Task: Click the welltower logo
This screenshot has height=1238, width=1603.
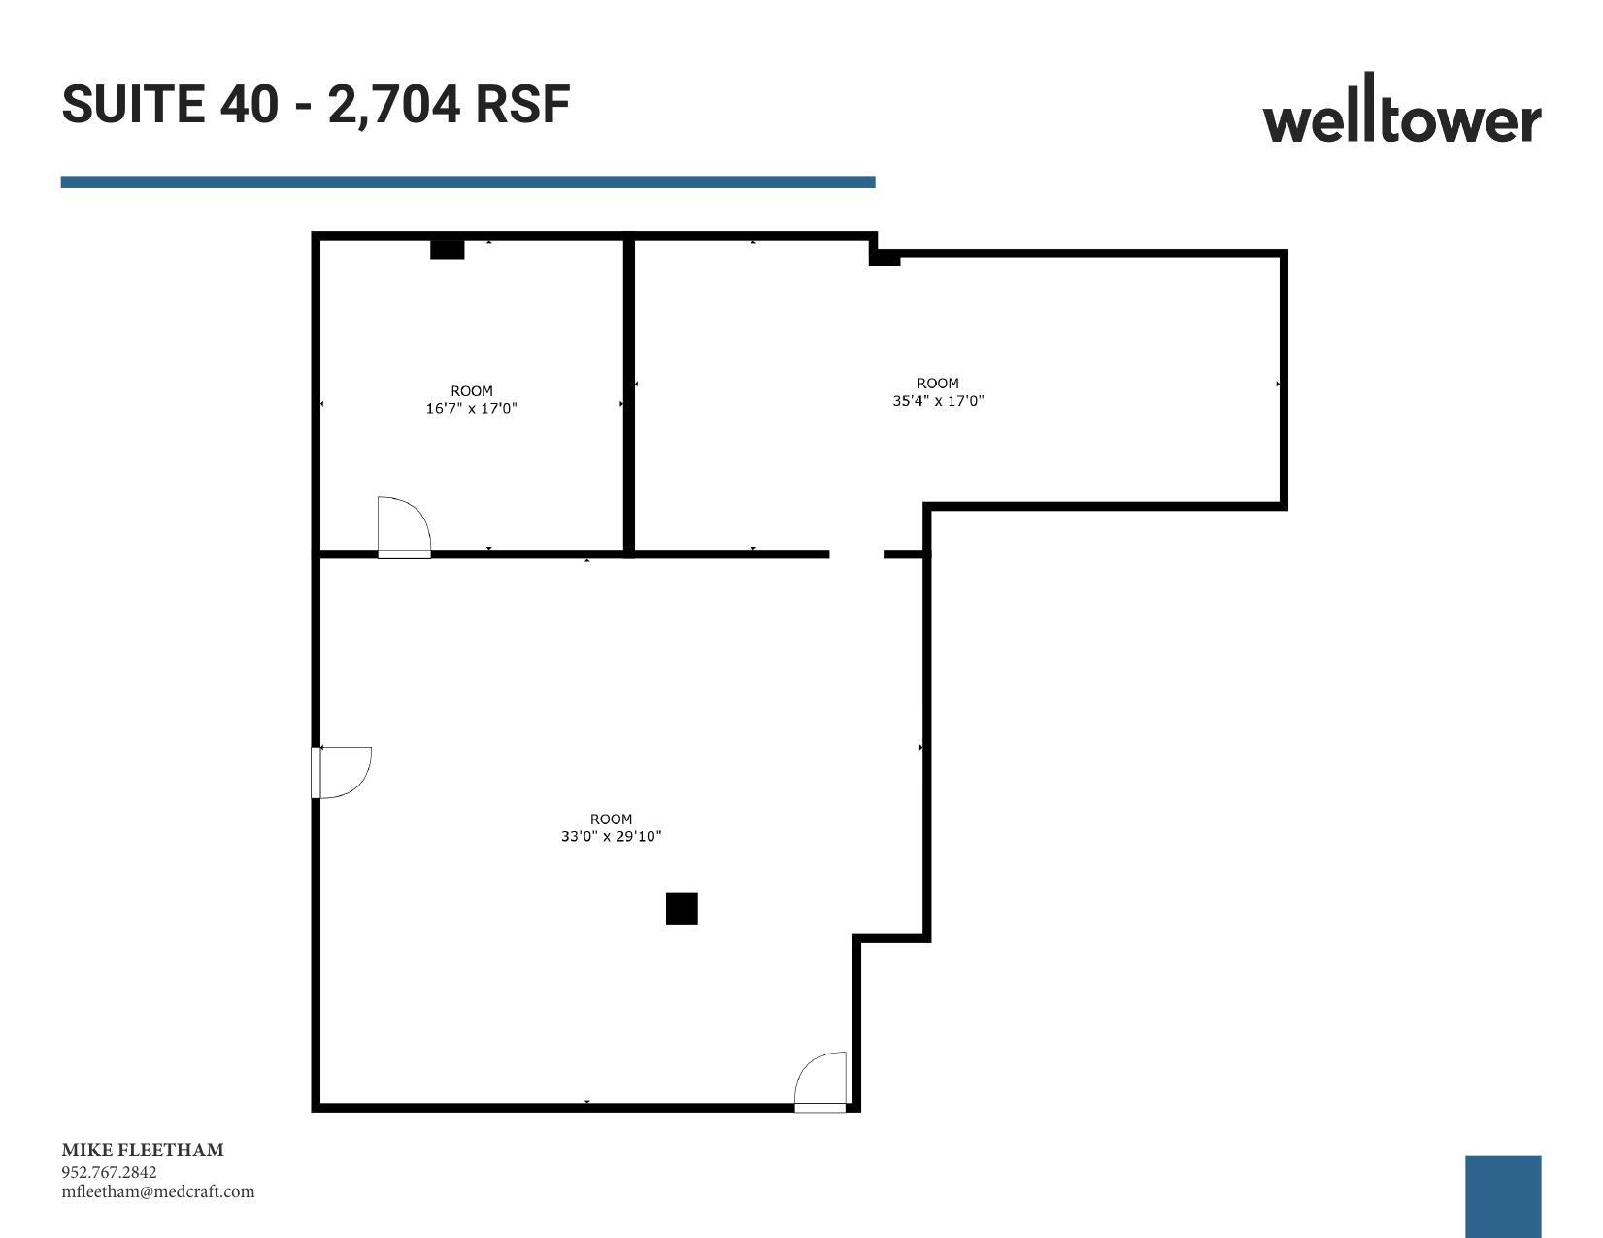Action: pyautogui.click(x=1401, y=113)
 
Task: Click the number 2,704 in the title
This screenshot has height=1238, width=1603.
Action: pyautogui.click(x=394, y=104)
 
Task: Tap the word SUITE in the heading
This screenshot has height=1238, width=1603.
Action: pyautogui.click(x=134, y=104)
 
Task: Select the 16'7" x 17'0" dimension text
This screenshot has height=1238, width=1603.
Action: pyautogui.click(x=471, y=409)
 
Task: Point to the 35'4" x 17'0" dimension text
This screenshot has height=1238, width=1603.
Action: pyautogui.click(x=938, y=400)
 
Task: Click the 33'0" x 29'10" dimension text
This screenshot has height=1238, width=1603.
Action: pyautogui.click(x=611, y=836)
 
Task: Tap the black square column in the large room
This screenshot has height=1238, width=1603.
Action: pyautogui.click(x=682, y=909)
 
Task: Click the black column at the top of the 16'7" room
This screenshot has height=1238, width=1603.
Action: pyautogui.click(x=448, y=250)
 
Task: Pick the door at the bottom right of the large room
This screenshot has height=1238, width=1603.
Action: pyautogui.click(x=820, y=1081)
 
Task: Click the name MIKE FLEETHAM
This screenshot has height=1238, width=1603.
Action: pyautogui.click(x=143, y=1151)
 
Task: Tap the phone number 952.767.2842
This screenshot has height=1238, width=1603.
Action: pyautogui.click(x=109, y=1172)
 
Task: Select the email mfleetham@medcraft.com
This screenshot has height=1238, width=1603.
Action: pyautogui.click(x=158, y=1192)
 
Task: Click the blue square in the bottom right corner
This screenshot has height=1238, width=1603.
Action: pyautogui.click(x=1502, y=1195)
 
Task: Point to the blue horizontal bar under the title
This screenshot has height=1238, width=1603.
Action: pyautogui.click(x=467, y=182)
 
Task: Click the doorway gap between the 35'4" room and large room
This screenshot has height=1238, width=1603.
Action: pyautogui.click(x=856, y=554)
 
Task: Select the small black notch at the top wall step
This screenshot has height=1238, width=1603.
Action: pyautogui.click(x=885, y=257)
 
